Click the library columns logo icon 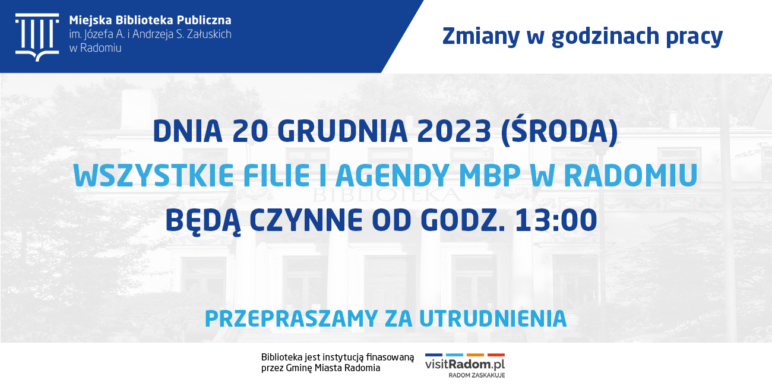(x=37, y=37)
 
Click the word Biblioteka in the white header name (x=144, y=20)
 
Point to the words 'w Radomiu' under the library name (x=95, y=48)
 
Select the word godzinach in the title (x=605, y=36)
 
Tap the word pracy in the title (x=694, y=37)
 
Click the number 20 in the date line (x=250, y=131)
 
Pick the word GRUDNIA (x=343, y=131)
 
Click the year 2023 (x=454, y=131)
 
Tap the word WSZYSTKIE (x=154, y=175)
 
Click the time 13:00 (x=556, y=220)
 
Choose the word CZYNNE (x=306, y=220)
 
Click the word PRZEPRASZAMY (x=291, y=319)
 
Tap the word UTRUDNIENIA (x=493, y=319)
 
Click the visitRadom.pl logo (x=465, y=365)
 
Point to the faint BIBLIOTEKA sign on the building (x=387, y=195)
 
